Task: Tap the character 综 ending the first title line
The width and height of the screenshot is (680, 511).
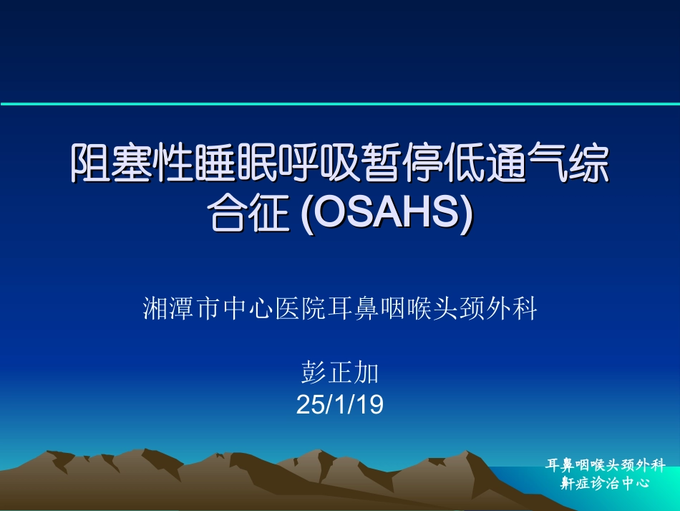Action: (x=589, y=164)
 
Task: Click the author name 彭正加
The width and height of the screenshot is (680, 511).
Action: (x=340, y=373)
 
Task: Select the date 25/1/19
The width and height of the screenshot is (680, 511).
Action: (x=340, y=406)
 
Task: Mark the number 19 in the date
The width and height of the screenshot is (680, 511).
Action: (x=369, y=406)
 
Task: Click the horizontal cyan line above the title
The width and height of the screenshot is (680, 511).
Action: (x=340, y=104)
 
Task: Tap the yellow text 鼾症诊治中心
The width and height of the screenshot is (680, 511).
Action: (x=606, y=483)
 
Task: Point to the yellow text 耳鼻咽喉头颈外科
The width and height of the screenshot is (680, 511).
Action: (x=606, y=465)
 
